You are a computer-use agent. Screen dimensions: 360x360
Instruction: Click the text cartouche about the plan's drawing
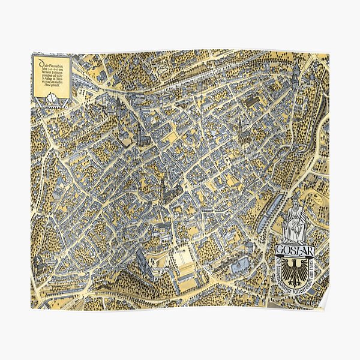point(50,77)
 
